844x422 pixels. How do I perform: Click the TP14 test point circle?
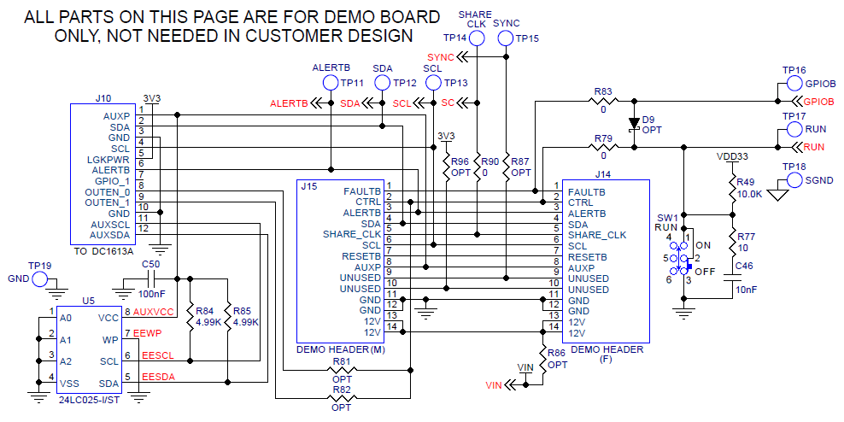click(x=478, y=38)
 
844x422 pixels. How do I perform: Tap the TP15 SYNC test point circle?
click(x=507, y=38)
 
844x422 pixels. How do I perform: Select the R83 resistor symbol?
click(x=603, y=101)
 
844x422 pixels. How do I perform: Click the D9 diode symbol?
click(x=633, y=123)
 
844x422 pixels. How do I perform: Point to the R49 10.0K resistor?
click(x=732, y=189)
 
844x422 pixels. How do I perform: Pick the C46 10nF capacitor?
click(x=732, y=278)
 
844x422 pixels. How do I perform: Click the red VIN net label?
click(x=493, y=385)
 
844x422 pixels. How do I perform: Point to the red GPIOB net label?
click(x=819, y=102)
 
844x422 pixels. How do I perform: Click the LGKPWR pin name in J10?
click(x=108, y=160)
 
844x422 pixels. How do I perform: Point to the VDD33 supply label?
click(x=732, y=157)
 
